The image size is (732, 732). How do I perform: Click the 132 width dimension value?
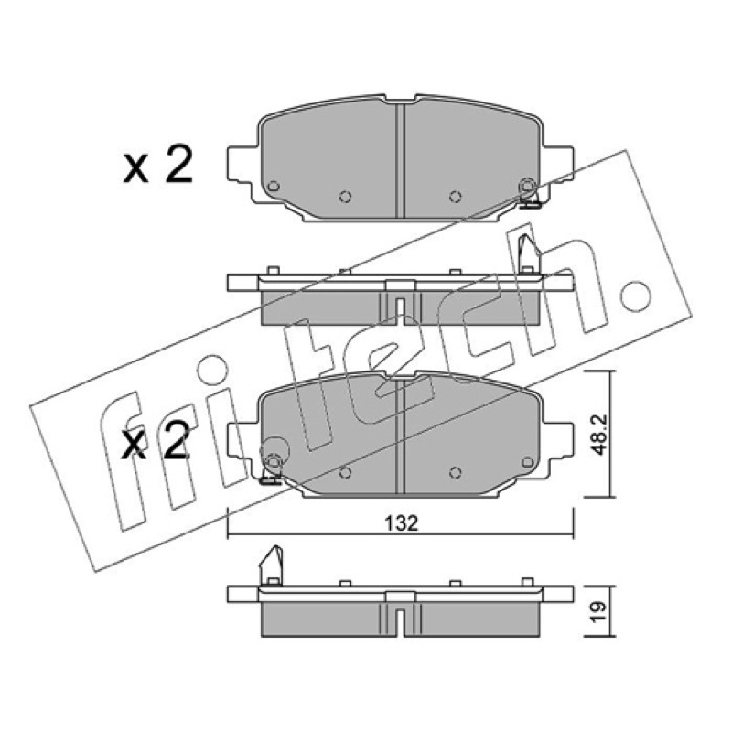tap(401, 523)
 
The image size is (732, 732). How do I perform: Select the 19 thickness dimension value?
tap(598, 612)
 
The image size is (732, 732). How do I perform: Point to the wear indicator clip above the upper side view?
tap(529, 253)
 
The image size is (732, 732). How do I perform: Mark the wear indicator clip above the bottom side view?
tap(271, 565)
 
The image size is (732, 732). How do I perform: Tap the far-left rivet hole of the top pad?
tap(274, 187)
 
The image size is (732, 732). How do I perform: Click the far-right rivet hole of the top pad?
tap(527, 186)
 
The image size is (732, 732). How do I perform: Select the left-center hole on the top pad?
tap(346, 197)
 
